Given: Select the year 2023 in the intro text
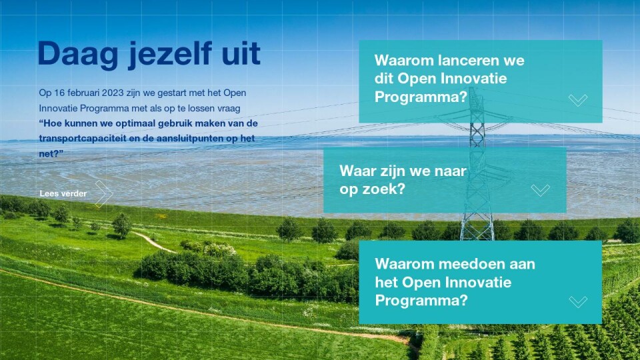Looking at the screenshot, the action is [113, 93].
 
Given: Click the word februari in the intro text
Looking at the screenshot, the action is [83, 93].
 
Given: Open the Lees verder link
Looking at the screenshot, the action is [63, 193].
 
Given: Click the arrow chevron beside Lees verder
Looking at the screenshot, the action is [105, 193].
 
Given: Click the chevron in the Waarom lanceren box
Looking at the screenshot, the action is [578, 100].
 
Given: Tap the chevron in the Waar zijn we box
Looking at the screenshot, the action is [541, 190].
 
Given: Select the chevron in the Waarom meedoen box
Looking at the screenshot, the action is [578, 302].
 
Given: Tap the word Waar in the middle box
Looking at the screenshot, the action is [356, 171].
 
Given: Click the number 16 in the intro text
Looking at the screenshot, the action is [59, 93].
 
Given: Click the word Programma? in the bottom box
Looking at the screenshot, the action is [421, 301].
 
